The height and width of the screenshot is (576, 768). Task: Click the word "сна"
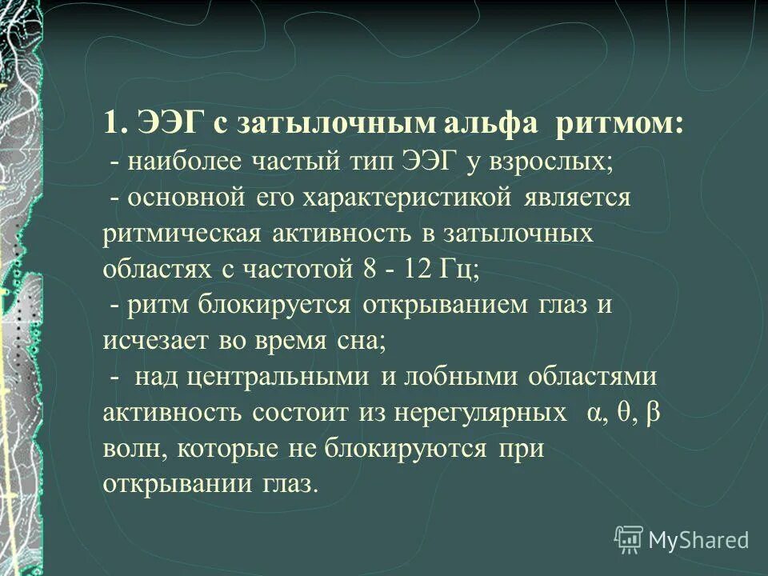point(368,340)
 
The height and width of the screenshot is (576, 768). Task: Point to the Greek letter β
point(653,412)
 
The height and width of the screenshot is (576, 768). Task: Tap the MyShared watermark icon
point(629,540)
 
